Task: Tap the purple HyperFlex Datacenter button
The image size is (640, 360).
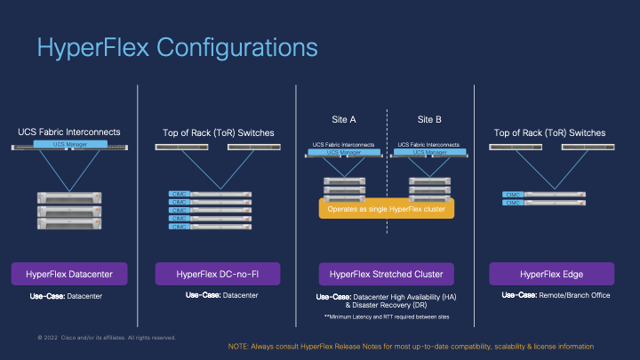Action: pyautogui.click(x=69, y=273)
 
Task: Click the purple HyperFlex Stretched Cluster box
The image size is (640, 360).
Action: pyautogui.click(x=387, y=273)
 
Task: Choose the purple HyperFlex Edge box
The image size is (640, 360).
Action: pyautogui.click(x=553, y=273)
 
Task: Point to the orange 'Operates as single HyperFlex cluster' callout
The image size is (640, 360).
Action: pyautogui.click(x=387, y=208)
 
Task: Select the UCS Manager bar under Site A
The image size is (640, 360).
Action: pyautogui.click(x=344, y=152)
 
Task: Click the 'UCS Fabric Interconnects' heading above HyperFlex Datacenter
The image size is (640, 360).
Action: pyautogui.click(x=69, y=132)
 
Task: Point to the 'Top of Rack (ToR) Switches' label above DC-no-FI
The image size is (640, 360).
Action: pyautogui.click(x=219, y=132)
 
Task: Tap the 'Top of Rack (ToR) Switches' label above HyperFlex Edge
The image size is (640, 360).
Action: pyautogui.click(x=549, y=132)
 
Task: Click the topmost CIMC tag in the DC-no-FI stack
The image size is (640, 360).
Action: pyautogui.click(x=179, y=194)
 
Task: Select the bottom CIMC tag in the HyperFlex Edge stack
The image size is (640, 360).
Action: pyautogui.click(x=513, y=203)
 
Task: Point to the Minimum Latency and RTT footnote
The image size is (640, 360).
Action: pyautogui.click(x=387, y=316)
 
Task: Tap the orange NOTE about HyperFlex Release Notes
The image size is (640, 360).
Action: pyautogui.click(x=410, y=345)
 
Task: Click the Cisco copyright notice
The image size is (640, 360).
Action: pyautogui.click(x=107, y=338)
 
